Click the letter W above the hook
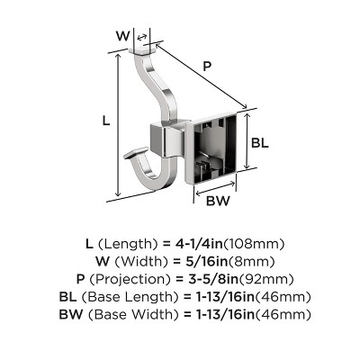click(123, 36)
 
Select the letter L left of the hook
click(106, 118)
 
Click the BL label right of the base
click(260, 141)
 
